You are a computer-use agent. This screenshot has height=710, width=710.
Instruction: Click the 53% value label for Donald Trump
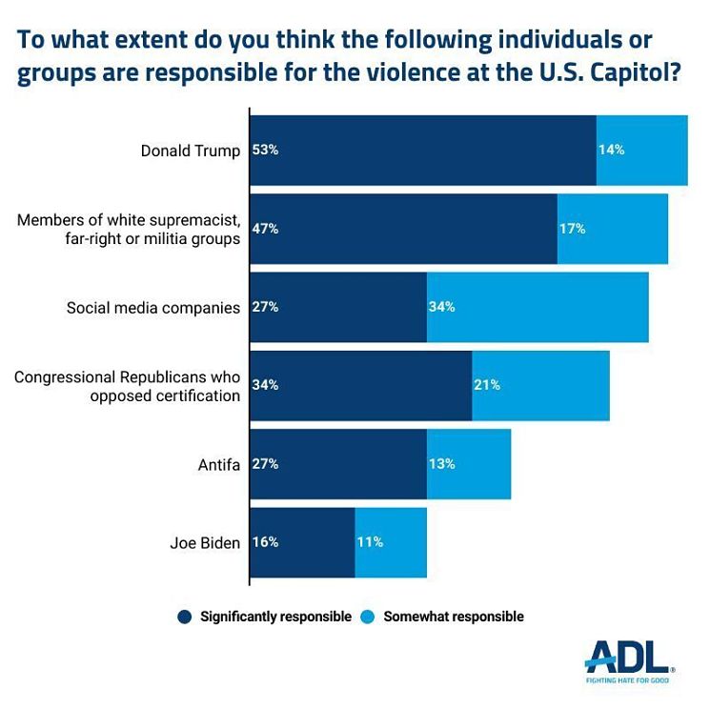coord(265,151)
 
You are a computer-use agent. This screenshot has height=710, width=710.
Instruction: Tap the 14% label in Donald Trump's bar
coord(611,151)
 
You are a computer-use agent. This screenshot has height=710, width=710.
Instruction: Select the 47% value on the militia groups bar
coord(265,229)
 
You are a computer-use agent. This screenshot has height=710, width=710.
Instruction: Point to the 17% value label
coord(572,229)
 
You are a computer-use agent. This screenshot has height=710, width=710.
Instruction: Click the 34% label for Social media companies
coord(442,307)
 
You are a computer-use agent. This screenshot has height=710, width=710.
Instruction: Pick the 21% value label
coord(486,385)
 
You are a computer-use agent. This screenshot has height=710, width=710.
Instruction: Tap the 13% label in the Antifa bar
coord(442,464)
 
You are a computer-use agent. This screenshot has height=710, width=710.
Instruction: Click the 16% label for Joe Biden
coord(265,542)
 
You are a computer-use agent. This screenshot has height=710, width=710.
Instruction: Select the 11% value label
coord(370,542)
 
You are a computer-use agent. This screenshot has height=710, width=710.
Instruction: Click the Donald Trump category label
coord(190,151)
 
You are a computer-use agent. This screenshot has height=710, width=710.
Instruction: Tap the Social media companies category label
coord(152,308)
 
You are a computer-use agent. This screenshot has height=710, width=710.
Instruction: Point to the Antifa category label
coord(218,464)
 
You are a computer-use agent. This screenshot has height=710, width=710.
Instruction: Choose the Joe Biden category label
coord(205,542)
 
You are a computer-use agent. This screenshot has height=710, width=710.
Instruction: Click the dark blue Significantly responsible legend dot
coord(185,617)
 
